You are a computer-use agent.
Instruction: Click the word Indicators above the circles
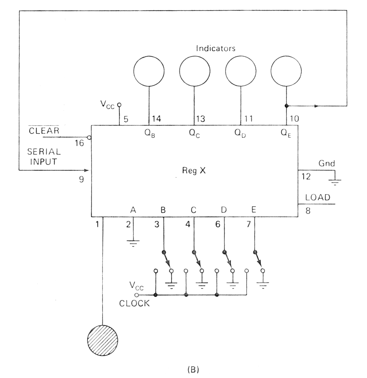coord(215,48)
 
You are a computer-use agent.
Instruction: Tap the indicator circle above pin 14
coord(149,71)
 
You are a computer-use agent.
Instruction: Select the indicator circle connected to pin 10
coord(286,71)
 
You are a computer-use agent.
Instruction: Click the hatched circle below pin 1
coord(103,340)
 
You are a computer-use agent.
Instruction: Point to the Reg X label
coord(194,170)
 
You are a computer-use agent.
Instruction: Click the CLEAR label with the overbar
coord(44,131)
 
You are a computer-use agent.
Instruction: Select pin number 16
coord(79,143)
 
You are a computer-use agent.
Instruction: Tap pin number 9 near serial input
coord(82,179)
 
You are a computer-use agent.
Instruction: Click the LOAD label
coord(318,197)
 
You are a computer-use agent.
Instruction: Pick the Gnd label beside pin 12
coord(327,163)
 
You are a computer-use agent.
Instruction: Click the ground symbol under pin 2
coord(133,243)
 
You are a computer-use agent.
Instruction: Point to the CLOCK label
coord(134,303)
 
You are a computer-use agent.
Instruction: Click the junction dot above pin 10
coord(286,106)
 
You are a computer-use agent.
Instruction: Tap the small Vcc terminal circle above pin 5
coord(119,105)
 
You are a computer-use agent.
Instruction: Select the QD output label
coord(240,133)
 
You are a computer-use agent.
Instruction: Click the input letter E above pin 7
coord(254,210)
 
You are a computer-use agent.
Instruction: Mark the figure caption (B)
coord(193,370)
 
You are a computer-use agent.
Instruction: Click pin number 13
coord(200,119)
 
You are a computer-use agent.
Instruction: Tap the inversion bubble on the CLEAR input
coord(90,138)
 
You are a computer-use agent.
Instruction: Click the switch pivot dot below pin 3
coord(164,252)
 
